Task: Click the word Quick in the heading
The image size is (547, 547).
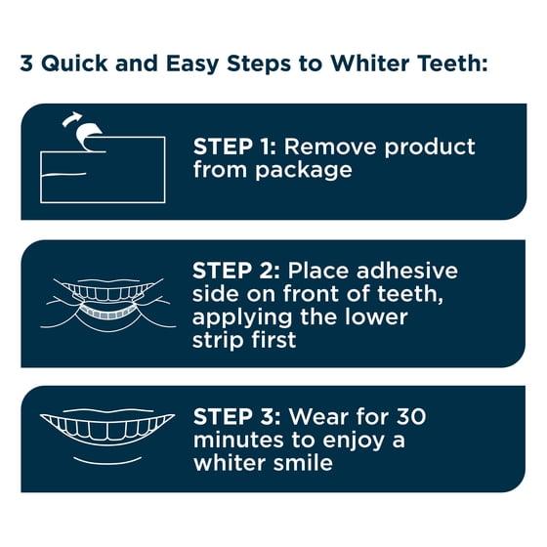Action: [74, 63]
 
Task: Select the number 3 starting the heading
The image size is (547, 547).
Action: [26, 63]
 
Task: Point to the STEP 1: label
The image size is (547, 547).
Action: [234, 147]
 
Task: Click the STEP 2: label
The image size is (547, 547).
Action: [236, 271]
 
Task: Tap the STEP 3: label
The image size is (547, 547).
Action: [236, 416]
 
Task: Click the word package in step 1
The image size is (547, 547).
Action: [304, 171]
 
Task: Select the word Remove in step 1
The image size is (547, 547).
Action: [330, 147]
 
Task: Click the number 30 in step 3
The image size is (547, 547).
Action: [411, 416]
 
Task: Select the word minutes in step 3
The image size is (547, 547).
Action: [238, 440]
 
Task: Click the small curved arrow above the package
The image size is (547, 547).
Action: [71, 118]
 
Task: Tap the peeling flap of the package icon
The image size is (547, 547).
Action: [89, 137]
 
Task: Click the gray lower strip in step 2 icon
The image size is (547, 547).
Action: [107, 313]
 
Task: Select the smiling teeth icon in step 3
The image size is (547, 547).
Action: [107, 428]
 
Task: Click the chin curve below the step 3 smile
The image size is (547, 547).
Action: [107, 461]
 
